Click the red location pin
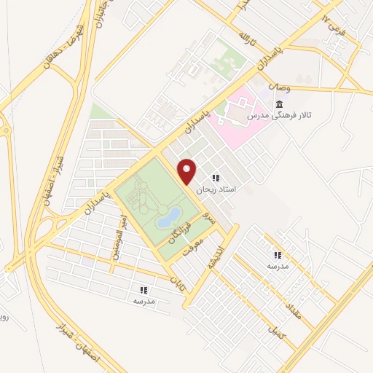click(x=187, y=170)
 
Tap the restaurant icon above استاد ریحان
click(x=215, y=177)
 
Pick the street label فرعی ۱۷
click(x=336, y=25)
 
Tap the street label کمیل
click(x=276, y=333)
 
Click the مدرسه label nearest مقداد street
click(x=277, y=265)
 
